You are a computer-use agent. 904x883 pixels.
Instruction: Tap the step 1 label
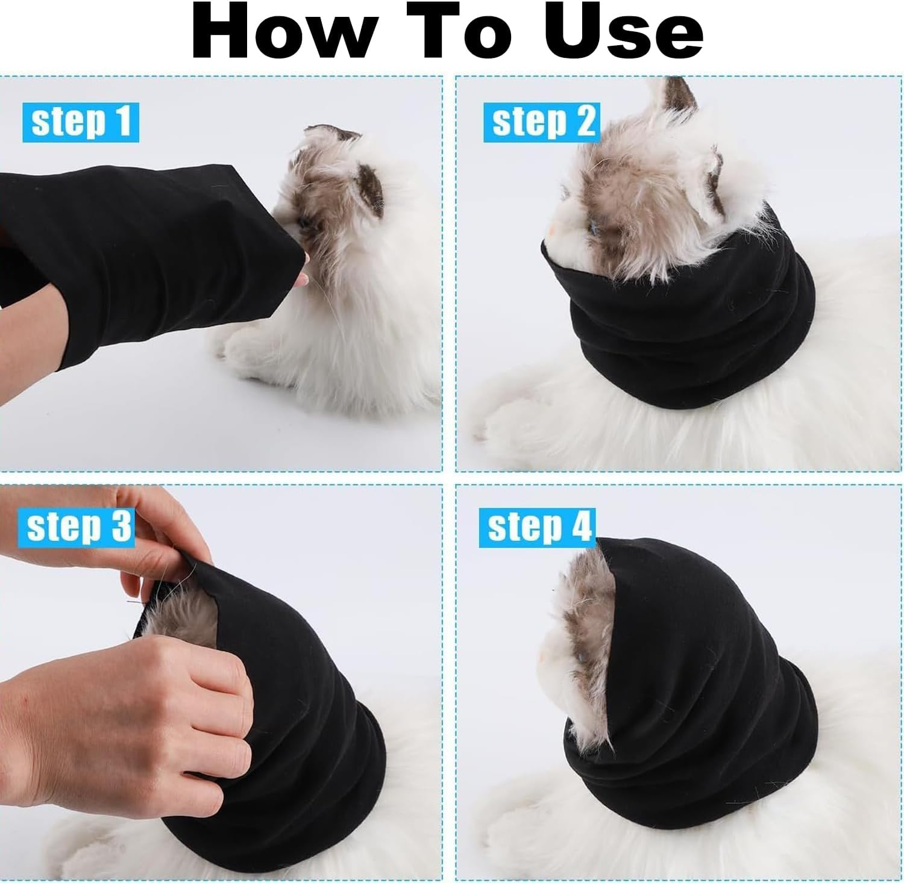click(81, 122)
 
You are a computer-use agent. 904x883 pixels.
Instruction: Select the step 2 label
click(542, 122)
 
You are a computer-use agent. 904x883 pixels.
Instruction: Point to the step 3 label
click(78, 526)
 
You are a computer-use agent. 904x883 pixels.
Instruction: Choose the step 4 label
click(537, 527)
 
